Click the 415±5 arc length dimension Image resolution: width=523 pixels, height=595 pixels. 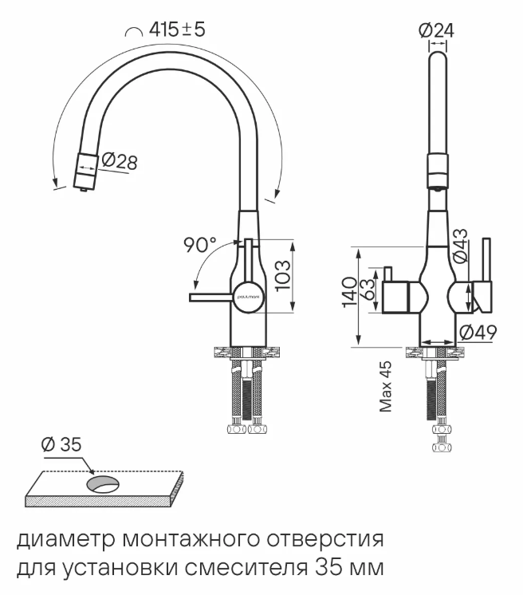(x=177, y=30)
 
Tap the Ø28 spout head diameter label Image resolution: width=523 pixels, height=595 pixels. (x=119, y=162)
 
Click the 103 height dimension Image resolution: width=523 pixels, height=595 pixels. (x=283, y=275)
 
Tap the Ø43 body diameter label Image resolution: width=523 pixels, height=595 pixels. (x=460, y=246)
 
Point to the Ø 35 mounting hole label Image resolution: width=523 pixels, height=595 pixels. (x=61, y=445)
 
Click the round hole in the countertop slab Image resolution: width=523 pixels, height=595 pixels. (x=101, y=483)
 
